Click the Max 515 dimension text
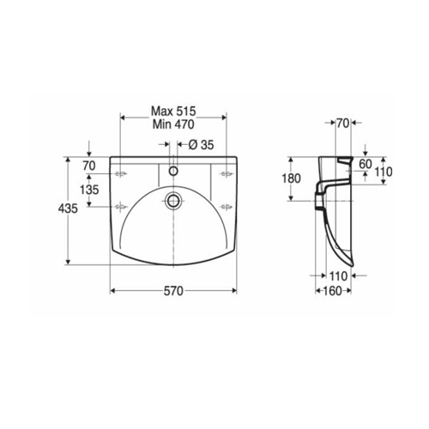pos(173,111)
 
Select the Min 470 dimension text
pos(173,124)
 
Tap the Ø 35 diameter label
pos(201,145)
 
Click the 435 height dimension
pos(68,208)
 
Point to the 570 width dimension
pos(173,291)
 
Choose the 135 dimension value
pos(89,190)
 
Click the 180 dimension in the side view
pos(292,178)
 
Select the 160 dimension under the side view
pos(333,291)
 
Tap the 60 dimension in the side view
pos(366,164)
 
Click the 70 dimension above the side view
pos(343,124)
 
